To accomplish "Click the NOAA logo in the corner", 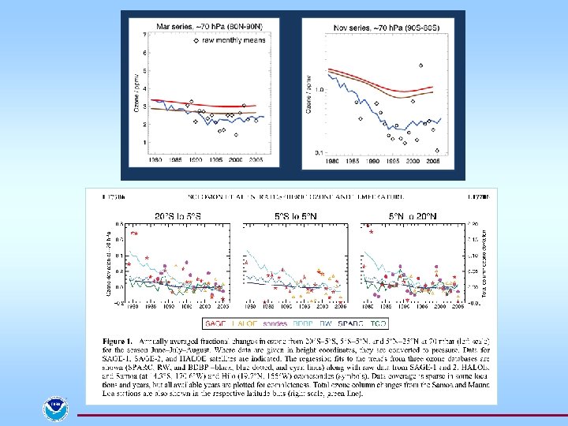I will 56,409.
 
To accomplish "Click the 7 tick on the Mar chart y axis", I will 144,35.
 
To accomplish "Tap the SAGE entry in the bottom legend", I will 215,323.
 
